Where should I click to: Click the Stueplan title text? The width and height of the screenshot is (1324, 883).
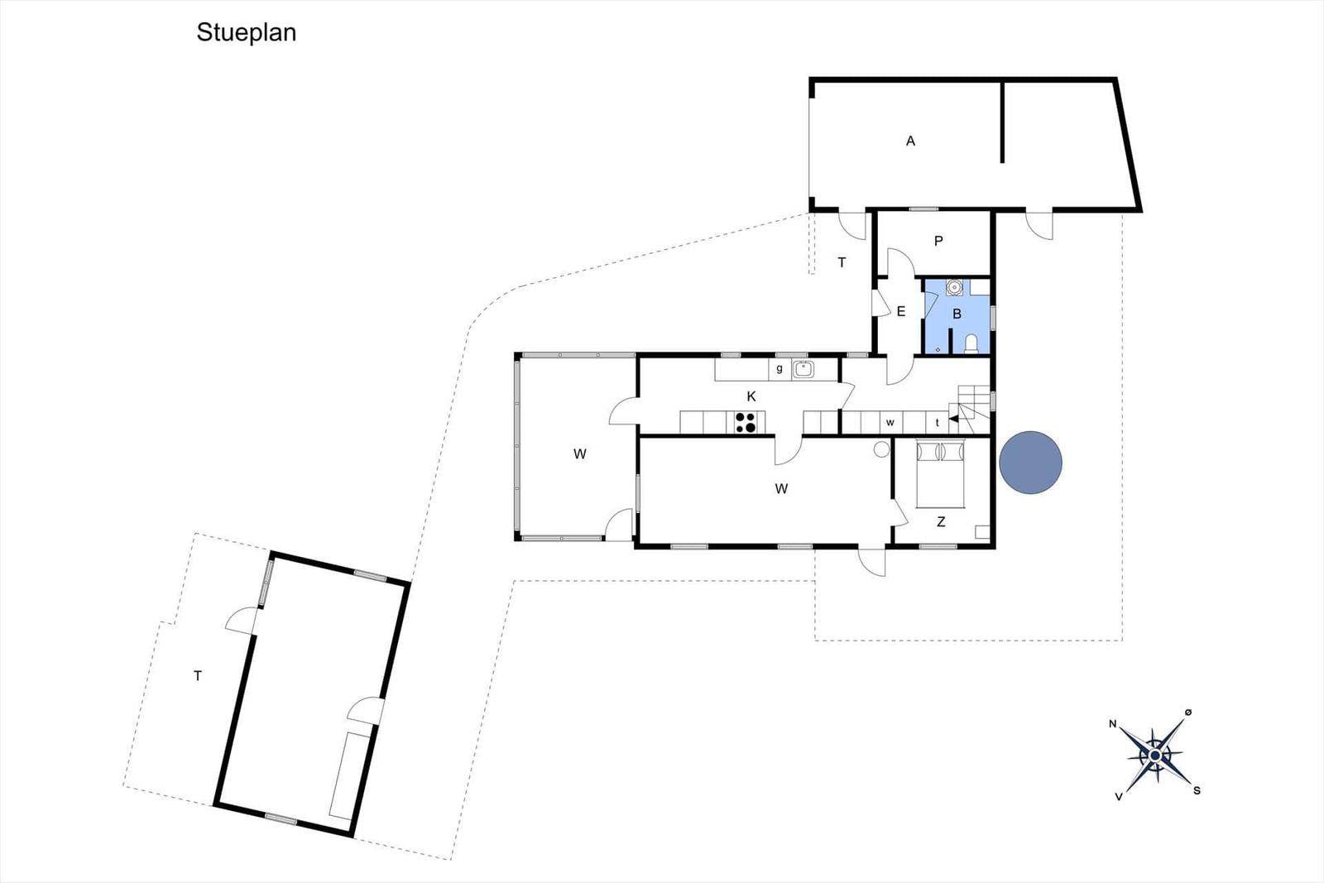[x=247, y=33]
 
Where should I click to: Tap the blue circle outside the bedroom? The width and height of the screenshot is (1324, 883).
[x=1030, y=462]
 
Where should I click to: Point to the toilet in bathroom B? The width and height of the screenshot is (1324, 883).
[x=971, y=344]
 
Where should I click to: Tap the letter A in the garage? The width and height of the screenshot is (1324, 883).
[x=910, y=142]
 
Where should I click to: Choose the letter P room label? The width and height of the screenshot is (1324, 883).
[x=938, y=241]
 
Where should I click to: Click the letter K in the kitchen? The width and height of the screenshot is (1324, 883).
[x=751, y=396]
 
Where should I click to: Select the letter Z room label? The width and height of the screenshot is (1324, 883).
[x=941, y=522]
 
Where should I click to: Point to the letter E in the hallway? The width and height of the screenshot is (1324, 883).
[x=901, y=311]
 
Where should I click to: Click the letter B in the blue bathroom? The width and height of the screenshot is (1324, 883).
[x=957, y=314]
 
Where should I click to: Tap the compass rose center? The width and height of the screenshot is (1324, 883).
[x=1155, y=756]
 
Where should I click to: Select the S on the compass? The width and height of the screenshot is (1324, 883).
[x=1197, y=791]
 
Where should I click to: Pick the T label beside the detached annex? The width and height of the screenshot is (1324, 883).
[x=198, y=675]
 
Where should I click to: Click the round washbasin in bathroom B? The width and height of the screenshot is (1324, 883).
[x=954, y=287]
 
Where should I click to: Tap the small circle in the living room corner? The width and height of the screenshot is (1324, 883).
[x=881, y=449]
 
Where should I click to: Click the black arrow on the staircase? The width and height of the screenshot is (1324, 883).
[x=953, y=419]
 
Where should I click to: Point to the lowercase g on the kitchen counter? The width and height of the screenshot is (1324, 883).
[x=780, y=369]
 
